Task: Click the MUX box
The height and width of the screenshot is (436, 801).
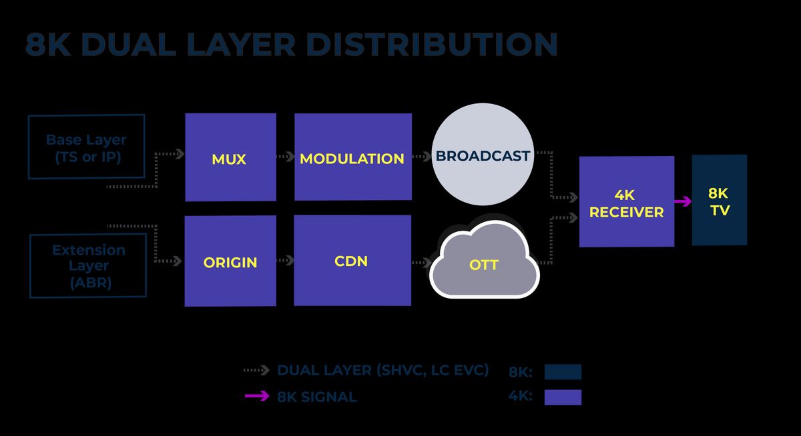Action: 230,157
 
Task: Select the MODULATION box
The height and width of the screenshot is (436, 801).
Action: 352,157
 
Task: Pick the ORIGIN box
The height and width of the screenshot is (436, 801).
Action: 230,261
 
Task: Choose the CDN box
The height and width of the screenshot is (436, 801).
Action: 352,259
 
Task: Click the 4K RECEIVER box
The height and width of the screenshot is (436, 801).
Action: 626,201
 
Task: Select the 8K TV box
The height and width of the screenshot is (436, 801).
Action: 719,200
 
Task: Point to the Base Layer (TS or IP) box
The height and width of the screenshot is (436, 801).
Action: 86,147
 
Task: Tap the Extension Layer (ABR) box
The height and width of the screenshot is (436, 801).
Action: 88,265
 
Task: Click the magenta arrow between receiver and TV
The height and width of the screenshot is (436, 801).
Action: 683,201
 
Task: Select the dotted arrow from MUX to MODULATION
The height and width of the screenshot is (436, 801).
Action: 285,157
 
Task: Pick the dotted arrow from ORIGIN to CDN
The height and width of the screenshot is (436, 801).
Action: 285,261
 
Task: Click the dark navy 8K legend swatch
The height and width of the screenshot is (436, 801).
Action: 563,372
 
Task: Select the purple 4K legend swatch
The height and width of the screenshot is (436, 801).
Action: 563,397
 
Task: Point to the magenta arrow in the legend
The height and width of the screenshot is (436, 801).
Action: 257,397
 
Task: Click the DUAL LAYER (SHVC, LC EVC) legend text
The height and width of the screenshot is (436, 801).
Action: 382,371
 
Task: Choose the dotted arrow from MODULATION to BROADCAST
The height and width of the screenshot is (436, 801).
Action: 421,157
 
